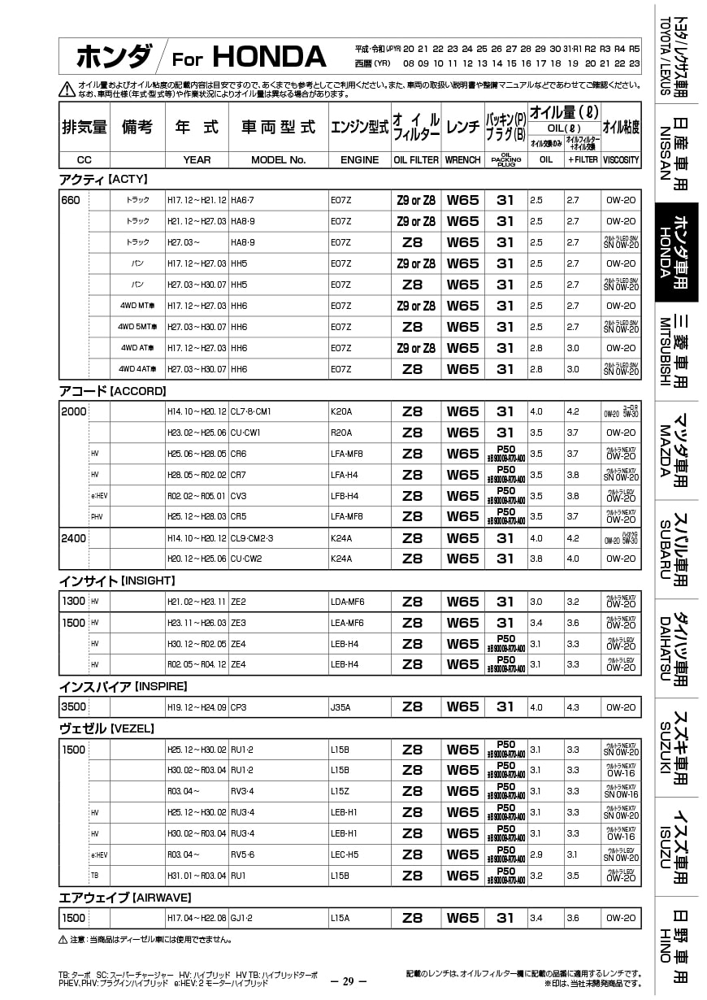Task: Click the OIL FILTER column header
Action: (x=416, y=160)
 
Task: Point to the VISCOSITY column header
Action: (x=621, y=160)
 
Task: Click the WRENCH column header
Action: (x=462, y=160)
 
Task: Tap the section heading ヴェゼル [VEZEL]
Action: (x=106, y=728)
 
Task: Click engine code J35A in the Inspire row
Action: (x=340, y=707)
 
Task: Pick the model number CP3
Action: (x=239, y=707)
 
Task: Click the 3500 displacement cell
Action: (x=73, y=707)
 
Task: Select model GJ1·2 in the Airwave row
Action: (x=242, y=918)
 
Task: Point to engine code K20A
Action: (x=341, y=412)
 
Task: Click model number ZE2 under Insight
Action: (x=238, y=602)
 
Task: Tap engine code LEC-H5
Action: (x=345, y=854)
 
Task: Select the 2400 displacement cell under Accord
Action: (x=73, y=538)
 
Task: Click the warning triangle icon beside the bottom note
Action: (x=63, y=940)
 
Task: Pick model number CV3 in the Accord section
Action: (x=239, y=496)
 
